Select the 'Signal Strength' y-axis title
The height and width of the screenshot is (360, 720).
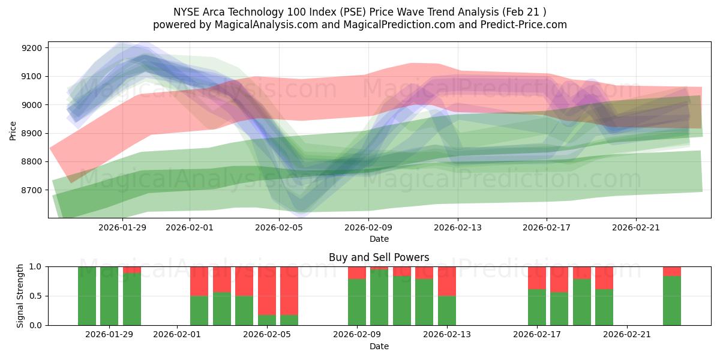(x=20, y=296)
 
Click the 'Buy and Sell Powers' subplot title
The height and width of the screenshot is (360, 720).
(x=379, y=257)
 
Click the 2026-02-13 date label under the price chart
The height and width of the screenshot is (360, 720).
(x=458, y=227)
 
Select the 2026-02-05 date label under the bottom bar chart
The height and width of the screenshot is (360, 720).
(x=267, y=335)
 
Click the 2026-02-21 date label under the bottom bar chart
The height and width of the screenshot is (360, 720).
(x=627, y=335)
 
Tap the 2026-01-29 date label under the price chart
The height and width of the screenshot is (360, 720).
(x=122, y=227)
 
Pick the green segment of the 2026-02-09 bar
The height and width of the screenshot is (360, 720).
(x=357, y=302)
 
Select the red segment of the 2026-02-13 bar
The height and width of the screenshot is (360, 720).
(x=447, y=281)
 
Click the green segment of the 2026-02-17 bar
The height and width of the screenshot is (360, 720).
(x=537, y=307)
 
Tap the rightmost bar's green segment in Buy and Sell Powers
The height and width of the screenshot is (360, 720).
(x=672, y=301)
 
